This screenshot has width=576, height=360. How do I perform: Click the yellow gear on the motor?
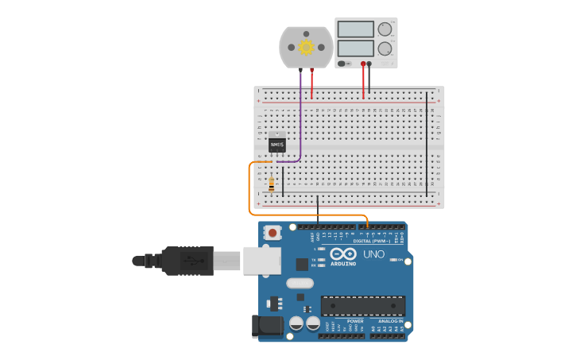[x=306, y=47]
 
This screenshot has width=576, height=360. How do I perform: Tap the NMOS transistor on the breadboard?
[x=276, y=144]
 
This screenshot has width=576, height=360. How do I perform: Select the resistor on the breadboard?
[x=272, y=184]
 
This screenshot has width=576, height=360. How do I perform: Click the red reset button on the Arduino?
[x=273, y=233]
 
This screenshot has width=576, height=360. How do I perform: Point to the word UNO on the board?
[x=373, y=254]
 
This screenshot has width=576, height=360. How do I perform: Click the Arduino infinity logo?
[x=344, y=254]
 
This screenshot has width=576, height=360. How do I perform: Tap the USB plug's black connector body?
[x=187, y=261]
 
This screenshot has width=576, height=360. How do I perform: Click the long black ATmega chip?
[x=363, y=305]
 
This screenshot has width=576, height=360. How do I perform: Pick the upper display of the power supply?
[x=356, y=29]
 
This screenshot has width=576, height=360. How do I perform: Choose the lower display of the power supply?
[x=356, y=48]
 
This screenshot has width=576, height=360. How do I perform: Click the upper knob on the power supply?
[x=385, y=29]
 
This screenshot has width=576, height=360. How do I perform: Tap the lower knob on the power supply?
[x=385, y=48]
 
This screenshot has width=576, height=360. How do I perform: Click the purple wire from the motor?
[x=301, y=119]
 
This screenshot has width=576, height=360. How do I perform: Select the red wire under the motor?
[x=311, y=84]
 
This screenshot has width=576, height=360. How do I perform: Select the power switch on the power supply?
[x=343, y=63]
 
